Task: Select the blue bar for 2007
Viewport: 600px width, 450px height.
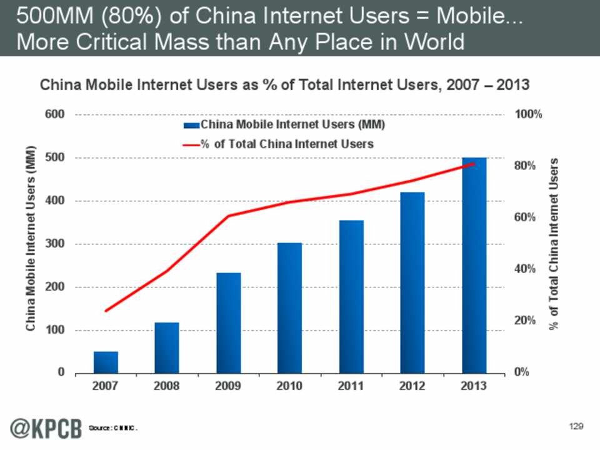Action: [106, 362]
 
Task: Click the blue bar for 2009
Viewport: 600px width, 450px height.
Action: [229, 323]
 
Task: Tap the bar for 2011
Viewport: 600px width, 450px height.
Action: [351, 297]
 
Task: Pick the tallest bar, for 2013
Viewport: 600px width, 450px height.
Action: [474, 266]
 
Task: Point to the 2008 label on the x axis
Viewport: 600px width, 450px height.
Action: [167, 386]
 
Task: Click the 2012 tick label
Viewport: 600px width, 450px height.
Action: [412, 386]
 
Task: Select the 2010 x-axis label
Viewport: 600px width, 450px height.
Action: [290, 386]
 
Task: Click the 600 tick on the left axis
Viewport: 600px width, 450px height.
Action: [56, 115]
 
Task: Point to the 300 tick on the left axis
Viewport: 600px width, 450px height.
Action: [56, 244]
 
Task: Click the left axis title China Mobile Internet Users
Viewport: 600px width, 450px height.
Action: [30, 240]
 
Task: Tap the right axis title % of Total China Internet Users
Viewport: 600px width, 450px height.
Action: [554, 244]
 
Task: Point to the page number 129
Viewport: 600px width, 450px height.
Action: [576, 426]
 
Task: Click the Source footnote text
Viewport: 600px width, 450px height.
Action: [112, 428]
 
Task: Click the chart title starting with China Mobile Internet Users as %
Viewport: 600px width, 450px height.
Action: [284, 85]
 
